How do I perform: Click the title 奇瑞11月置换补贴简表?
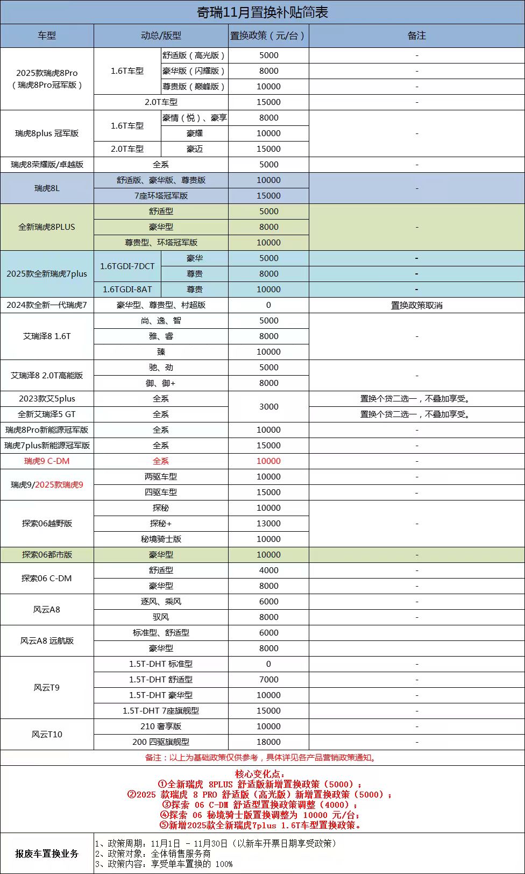262,12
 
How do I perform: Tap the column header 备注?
416,36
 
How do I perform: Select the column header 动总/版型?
161,36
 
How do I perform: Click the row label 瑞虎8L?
47,188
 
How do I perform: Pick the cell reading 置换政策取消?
416,305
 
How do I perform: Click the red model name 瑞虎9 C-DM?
47,461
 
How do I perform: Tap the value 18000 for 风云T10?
268,742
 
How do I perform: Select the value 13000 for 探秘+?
268,523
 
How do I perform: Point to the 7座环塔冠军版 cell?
161,196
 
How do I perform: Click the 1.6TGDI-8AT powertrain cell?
127,290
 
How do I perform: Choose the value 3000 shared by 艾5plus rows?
268,406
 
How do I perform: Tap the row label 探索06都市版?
47,554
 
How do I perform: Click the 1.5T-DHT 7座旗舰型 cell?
161,710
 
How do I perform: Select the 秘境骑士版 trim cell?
161,539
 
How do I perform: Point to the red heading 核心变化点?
262,774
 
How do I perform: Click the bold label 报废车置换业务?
47,853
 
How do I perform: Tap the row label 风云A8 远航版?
47,640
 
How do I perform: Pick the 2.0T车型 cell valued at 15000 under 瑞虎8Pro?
161,102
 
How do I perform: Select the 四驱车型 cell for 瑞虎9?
161,492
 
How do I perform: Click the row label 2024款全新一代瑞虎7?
47,305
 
